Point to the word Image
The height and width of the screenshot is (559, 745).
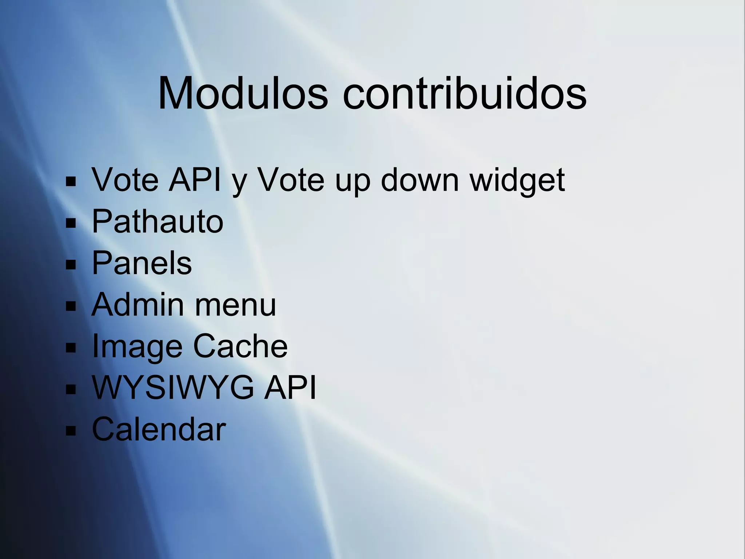pos(137,347)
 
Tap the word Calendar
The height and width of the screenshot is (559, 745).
pos(159,429)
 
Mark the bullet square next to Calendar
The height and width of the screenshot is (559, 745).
pos(71,431)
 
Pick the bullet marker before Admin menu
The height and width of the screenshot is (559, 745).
pos(71,306)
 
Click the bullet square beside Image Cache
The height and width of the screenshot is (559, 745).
pos(71,348)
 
